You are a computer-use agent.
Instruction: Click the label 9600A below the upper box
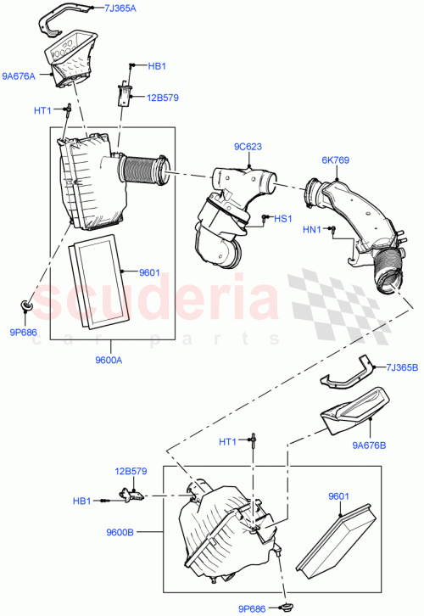(x=108, y=361)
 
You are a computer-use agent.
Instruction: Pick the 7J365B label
(x=401, y=367)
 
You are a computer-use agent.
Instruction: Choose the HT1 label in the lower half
(x=227, y=441)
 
